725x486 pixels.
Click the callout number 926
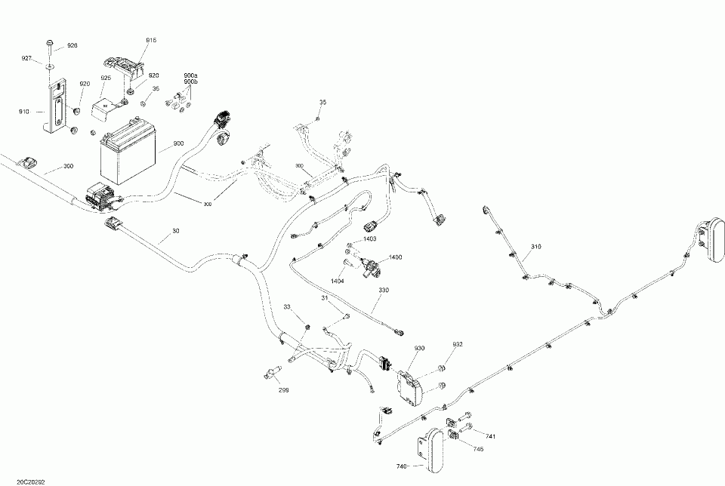click(x=72, y=45)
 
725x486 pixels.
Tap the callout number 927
click(x=26, y=58)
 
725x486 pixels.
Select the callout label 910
click(x=24, y=112)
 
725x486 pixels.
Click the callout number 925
click(x=106, y=78)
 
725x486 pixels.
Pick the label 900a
click(x=190, y=75)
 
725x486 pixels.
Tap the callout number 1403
click(x=370, y=238)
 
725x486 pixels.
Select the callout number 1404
click(x=338, y=280)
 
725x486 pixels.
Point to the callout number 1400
click(x=396, y=257)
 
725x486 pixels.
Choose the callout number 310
click(x=536, y=247)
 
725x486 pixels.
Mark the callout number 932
click(x=458, y=344)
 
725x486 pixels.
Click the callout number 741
click(x=491, y=437)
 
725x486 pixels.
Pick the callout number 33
click(x=286, y=306)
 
